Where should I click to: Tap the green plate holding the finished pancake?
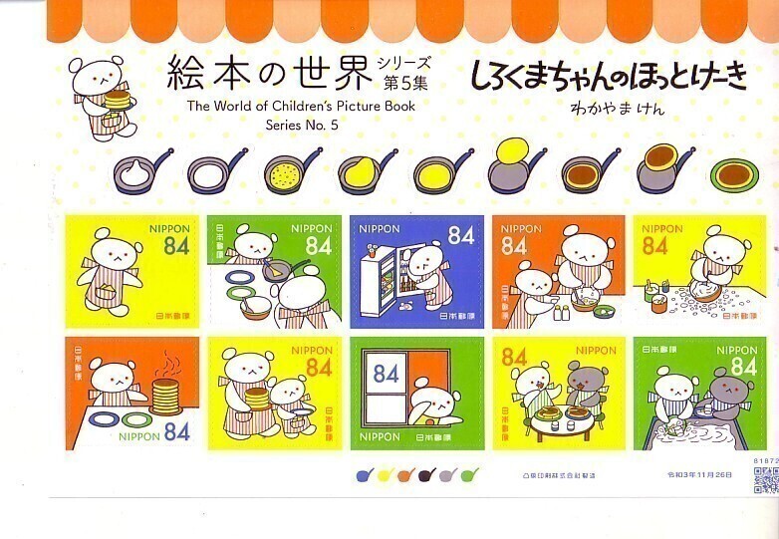pos(734,174)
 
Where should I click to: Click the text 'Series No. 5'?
pos(303,125)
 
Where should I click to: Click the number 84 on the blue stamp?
pos(460,236)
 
